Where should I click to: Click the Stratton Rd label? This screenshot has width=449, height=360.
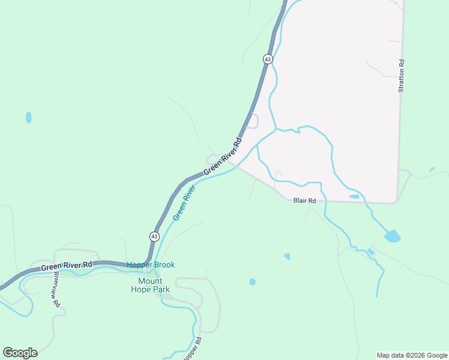click(402, 76)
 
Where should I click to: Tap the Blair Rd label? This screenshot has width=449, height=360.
click(304, 201)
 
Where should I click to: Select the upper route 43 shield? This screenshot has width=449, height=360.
click(268, 59)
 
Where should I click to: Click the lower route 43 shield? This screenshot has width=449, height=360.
click(154, 236)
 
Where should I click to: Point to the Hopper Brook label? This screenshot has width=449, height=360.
click(150, 265)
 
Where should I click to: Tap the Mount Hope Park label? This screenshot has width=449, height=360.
click(150, 285)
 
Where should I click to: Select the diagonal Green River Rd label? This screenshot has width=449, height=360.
click(222, 157)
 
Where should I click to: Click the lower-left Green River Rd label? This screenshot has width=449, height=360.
click(67, 265)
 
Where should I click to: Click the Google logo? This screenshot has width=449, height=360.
click(20, 353)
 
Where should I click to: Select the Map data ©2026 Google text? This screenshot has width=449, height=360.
click(412, 355)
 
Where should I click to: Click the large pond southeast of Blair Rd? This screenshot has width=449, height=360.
click(392, 236)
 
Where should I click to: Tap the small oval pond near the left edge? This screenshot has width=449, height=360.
click(28, 118)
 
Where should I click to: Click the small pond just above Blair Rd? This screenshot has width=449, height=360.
click(354, 196)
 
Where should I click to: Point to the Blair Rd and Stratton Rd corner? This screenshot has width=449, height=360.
click(396, 202)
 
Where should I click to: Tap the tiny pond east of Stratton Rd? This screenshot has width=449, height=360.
click(432, 170)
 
